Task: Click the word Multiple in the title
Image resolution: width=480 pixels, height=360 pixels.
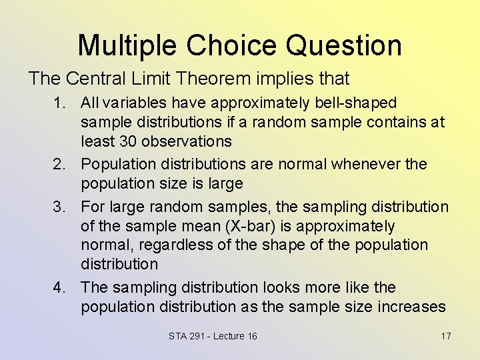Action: pyautogui.click(x=127, y=45)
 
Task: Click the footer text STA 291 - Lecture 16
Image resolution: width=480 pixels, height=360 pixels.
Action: pyautogui.click(x=213, y=336)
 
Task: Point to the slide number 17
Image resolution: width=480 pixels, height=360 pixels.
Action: pyautogui.click(x=446, y=336)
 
